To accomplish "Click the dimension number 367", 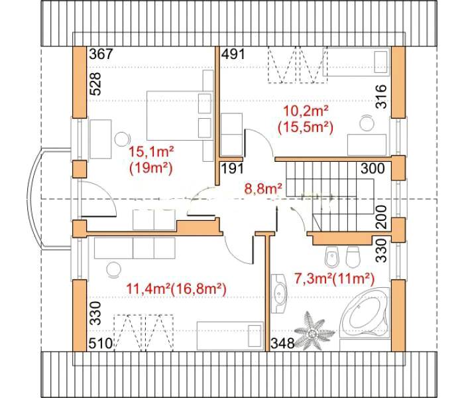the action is [101, 54].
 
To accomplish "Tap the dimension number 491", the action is [233, 54].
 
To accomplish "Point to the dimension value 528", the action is [95, 84].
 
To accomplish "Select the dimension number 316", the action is [381, 97].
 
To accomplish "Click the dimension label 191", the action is [233, 168].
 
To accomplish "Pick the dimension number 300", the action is [373, 168].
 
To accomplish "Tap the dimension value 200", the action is [381, 217].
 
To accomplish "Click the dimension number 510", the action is [101, 344].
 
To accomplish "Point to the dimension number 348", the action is [283, 344].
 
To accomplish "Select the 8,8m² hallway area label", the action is [263, 188].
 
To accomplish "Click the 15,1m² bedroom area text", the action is [151, 152].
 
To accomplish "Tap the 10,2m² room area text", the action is [306, 111].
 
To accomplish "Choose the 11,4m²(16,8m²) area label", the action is [176, 289].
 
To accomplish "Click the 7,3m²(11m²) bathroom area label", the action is [334, 279].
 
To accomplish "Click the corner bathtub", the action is [365, 312].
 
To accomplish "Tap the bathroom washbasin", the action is [279, 293].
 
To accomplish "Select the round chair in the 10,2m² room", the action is [367, 123].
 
